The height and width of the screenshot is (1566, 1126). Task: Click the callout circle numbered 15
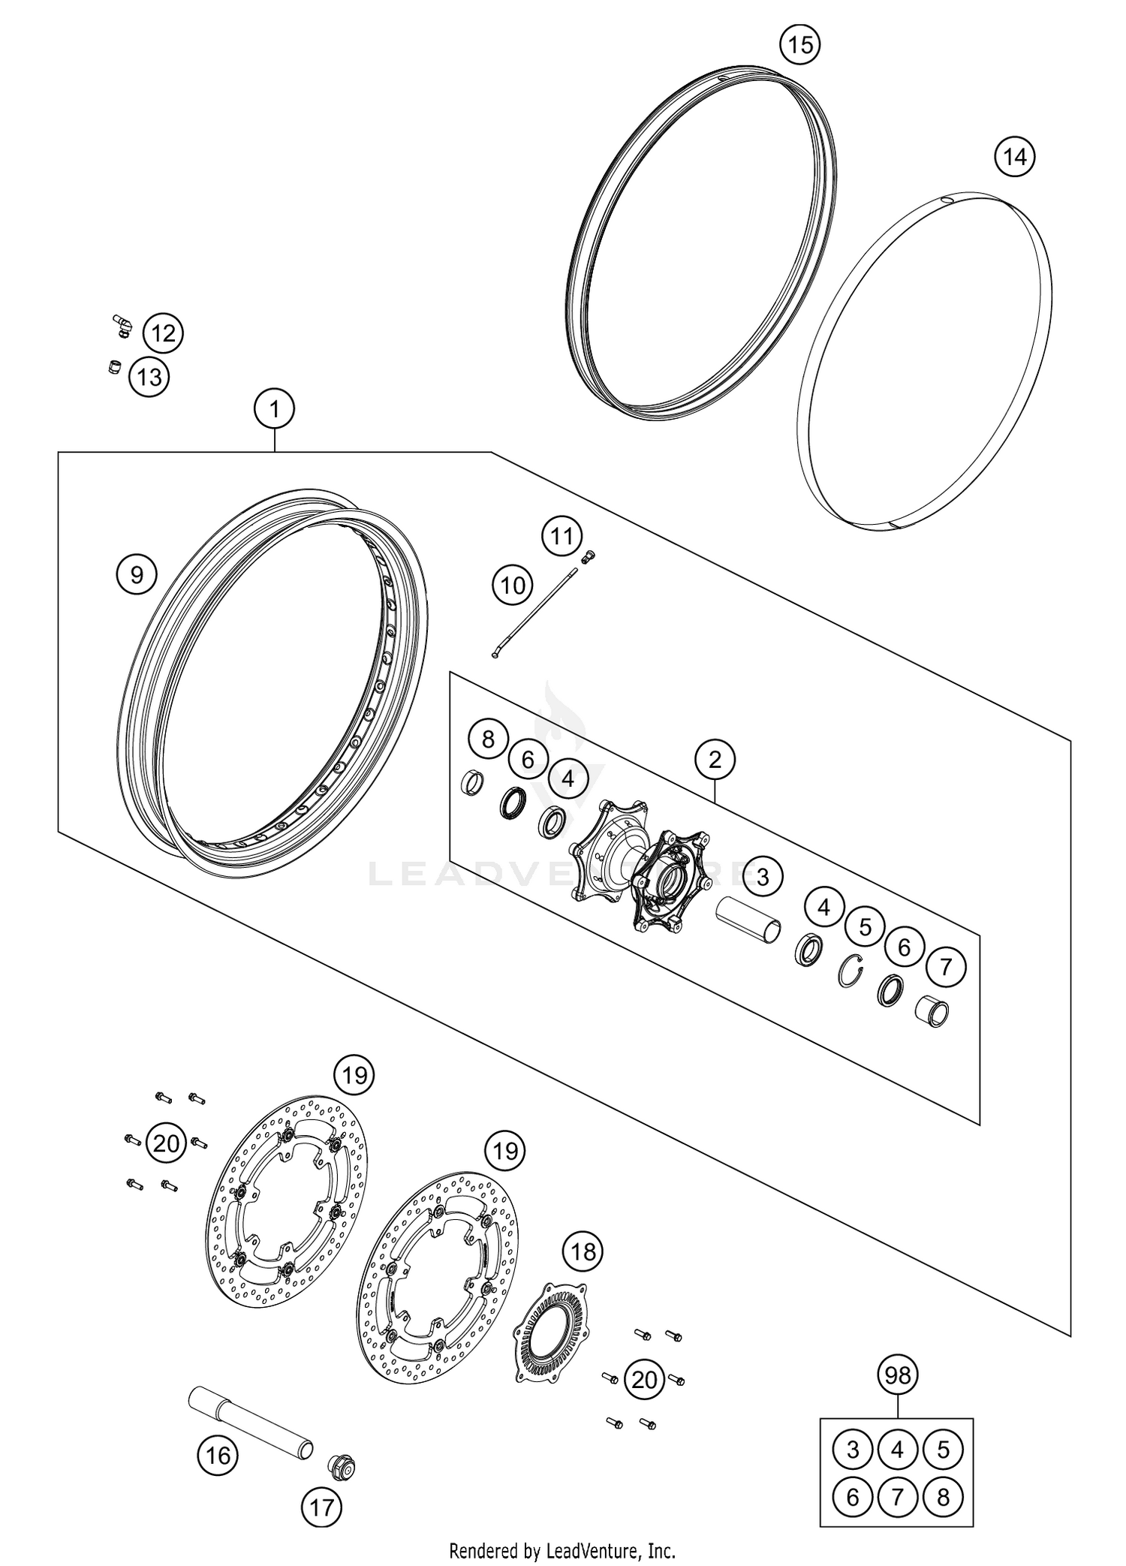pos(800,45)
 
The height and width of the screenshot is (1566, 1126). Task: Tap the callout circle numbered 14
pos(1014,158)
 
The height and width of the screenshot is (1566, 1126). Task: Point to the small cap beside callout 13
pos(115,369)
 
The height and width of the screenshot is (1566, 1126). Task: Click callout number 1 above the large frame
pos(275,409)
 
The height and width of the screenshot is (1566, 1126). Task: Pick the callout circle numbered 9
pos(136,574)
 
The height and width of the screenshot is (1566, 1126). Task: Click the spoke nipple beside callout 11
pos(588,556)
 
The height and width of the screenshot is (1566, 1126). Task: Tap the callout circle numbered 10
pos(513,585)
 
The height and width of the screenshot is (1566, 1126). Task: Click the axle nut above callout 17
pos(341,1465)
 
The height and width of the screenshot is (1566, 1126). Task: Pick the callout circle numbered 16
pos(218,1456)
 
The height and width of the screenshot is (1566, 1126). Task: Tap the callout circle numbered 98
pos(898,1375)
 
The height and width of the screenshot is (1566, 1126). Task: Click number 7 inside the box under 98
pos(898,1497)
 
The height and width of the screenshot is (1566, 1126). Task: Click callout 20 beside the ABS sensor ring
pos(644,1379)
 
